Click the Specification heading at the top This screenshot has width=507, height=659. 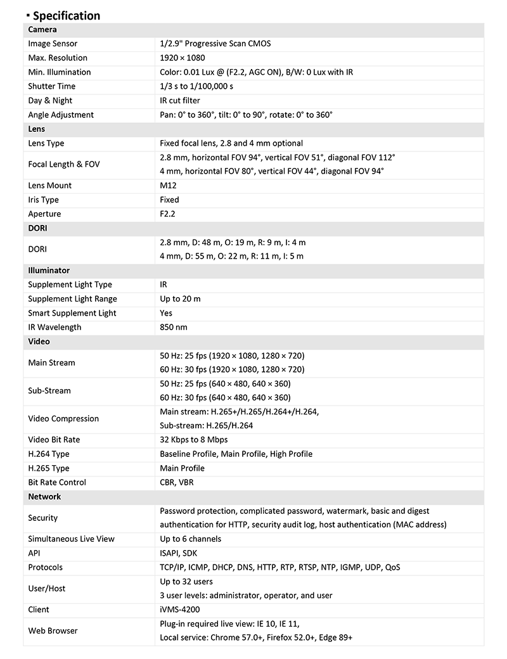click(x=66, y=16)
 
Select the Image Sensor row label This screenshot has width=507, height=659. click(x=53, y=44)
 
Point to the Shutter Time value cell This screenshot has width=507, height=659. click(x=196, y=86)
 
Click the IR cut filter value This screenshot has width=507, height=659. click(x=180, y=101)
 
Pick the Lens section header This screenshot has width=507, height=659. click(x=37, y=129)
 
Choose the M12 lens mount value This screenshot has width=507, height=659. click(x=168, y=186)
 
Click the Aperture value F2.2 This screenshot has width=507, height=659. click(x=168, y=214)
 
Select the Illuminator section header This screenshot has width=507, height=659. click(x=49, y=271)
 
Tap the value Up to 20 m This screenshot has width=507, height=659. click(x=180, y=299)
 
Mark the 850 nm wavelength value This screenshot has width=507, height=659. click(x=174, y=328)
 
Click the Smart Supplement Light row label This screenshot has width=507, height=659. click(x=72, y=313)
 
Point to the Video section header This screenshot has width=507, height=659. click(x=39, y=342)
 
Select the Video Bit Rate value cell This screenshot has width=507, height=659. click(x=193, y=440)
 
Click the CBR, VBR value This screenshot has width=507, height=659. click(x=177, y=482)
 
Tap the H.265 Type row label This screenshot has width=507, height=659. click(x=49, y=468)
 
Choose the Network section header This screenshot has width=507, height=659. click(x=44, y=497)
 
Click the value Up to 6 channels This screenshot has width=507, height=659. click(x=190, y=539)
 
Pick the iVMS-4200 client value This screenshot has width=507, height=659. click(x=180, y=610)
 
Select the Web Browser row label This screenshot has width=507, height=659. click(x=53, y=630)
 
